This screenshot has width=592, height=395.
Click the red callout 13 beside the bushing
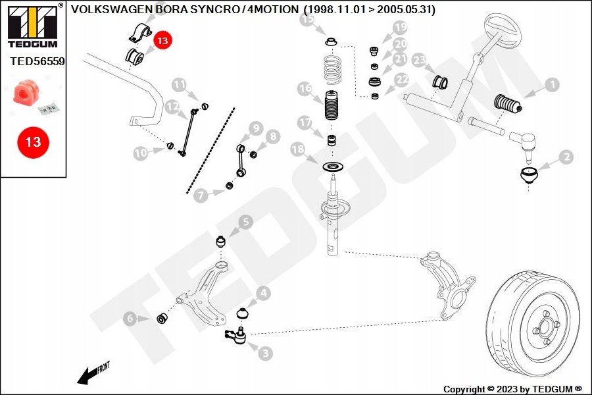[162, 40]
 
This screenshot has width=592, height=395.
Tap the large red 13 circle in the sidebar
[34, 142]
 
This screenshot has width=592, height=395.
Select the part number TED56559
[37, 61]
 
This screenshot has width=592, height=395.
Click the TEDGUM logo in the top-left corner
[33, 26]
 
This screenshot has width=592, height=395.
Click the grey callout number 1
[552, 85]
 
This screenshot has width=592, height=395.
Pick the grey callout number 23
[419, 60]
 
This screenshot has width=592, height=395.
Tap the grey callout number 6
[130, 318]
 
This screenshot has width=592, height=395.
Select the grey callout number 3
[266, 353]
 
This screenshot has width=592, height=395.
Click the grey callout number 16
[305, 88]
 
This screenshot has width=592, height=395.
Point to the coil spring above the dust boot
[333, 70]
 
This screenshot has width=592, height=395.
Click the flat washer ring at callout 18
[333, 166]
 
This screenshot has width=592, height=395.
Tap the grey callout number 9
[256, 128]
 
